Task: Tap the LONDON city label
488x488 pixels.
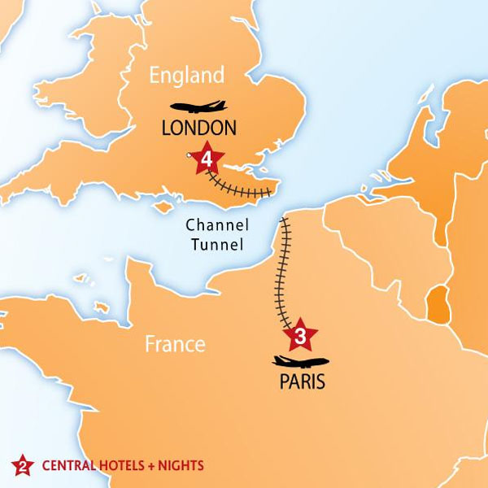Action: [199, 128]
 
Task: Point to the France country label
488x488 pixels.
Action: [174, 344]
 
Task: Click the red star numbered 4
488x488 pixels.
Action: [207, 157]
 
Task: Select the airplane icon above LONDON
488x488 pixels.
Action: [198, 107]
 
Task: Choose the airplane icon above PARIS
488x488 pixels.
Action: [301, 362]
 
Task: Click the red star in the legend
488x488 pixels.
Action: [23, 466]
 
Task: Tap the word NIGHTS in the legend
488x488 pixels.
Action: [181, 466]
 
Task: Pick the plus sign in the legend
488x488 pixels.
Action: [152, 466]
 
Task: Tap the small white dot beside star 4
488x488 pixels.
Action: [190, 155]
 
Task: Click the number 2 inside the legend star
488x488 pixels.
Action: [23, 467]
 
